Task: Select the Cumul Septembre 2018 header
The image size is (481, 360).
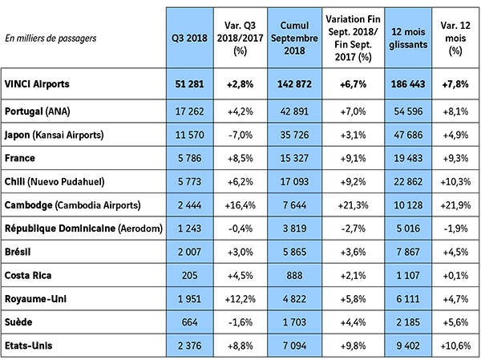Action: tap(294, 37)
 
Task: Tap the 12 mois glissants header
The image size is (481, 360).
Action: tap(401, 38)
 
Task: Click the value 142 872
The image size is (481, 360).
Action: tap(294, 84)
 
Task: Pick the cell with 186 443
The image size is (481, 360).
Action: tap(401, 84)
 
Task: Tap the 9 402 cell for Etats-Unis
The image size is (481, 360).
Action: tap(401, 346)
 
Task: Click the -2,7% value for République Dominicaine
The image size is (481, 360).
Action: tap(347, 229)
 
